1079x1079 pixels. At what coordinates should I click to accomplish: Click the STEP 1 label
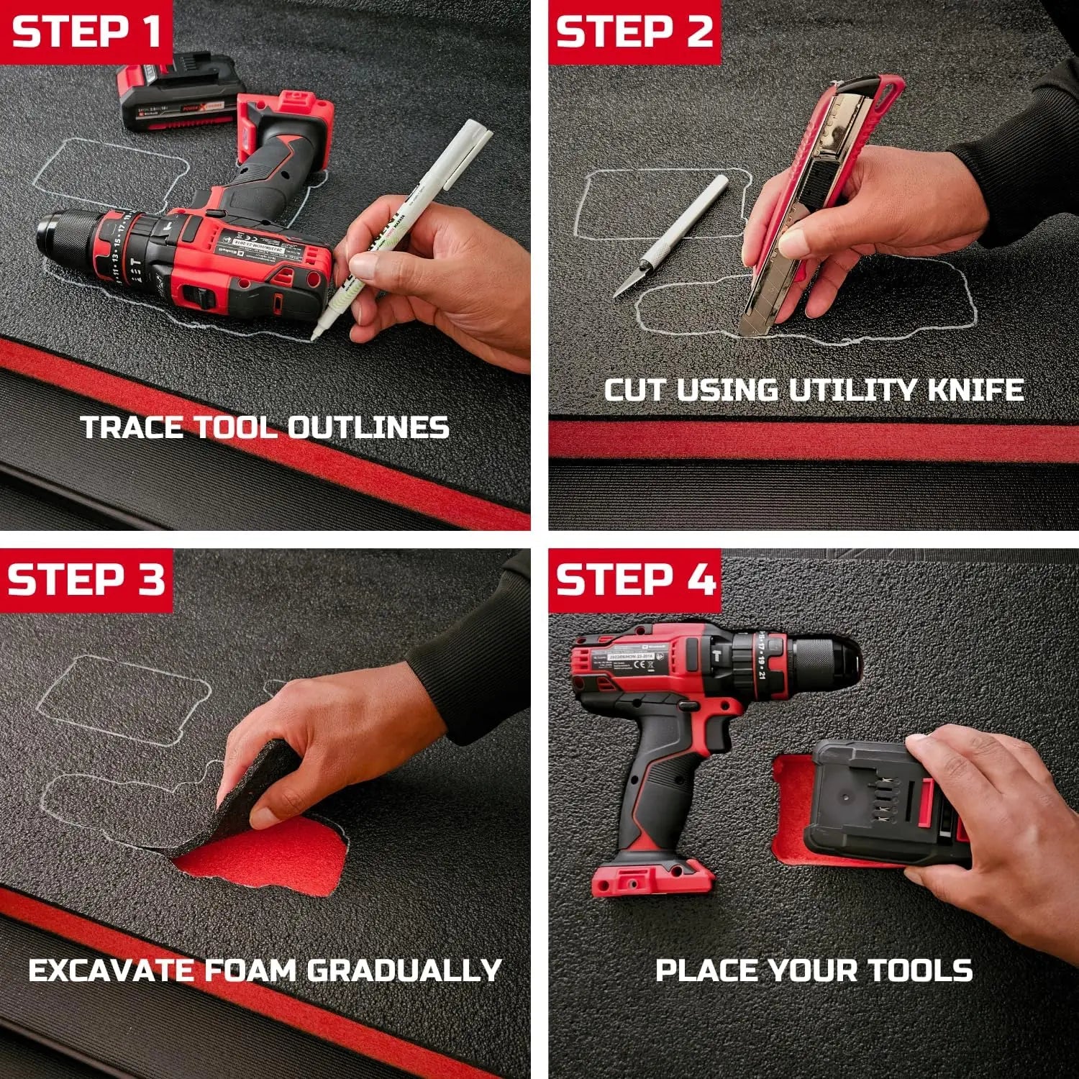click(86, 32)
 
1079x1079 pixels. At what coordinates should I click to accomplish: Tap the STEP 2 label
click(634, 32)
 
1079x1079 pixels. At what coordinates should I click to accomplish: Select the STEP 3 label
click(86, 580)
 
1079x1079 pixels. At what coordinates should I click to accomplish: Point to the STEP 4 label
click(636, 580)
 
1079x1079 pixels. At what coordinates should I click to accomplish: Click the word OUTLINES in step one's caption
click(368, 428)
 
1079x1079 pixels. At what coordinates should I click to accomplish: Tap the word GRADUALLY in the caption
click(404, 970)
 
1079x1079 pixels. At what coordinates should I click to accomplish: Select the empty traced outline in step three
click(122, 698)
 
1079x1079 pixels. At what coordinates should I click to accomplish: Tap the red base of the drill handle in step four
click(651, 878)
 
